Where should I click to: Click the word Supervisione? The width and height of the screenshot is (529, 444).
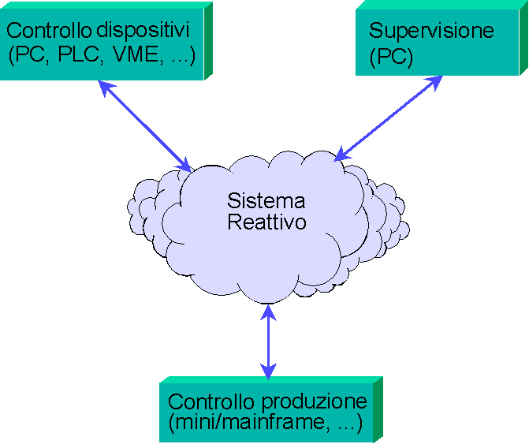[x=431, y=32]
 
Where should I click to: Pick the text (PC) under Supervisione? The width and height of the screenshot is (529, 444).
[x=391, y=56]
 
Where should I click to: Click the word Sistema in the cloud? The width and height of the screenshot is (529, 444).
[x=266, y=200]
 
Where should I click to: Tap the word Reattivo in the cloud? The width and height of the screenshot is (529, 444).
[x=266, y=222]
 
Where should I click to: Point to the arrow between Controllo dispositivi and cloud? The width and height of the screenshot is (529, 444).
[x=147, y=126]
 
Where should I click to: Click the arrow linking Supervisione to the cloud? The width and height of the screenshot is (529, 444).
[x=386, y=119]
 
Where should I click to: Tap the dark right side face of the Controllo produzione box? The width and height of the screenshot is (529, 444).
[x=378, y=409]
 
